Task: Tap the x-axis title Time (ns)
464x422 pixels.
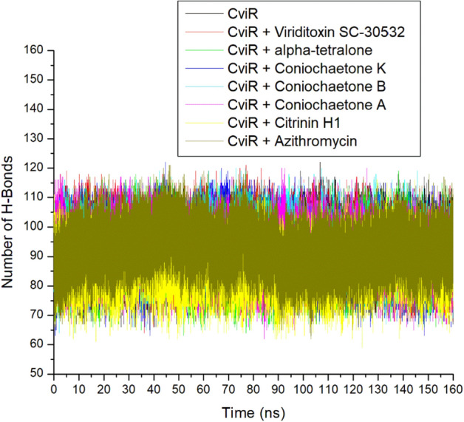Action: point(253,410)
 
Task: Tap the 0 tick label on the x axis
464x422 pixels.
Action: point(54,388)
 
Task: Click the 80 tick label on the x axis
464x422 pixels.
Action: point(253,388)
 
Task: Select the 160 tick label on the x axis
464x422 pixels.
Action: point(452,388)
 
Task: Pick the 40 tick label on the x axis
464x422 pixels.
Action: point(154,388)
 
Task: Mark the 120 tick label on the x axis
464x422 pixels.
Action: point(352,388)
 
